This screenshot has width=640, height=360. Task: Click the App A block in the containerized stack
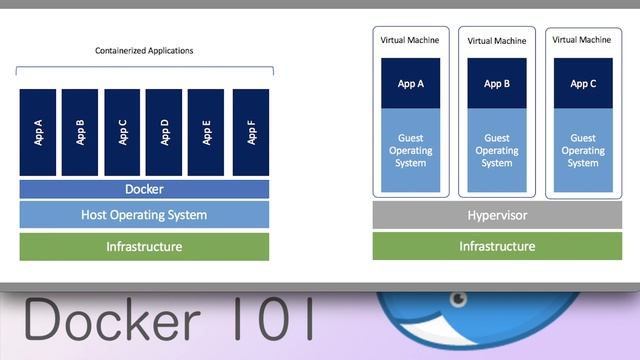click(x=38, y=132)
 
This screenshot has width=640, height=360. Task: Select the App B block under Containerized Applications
click(x=80, y=132)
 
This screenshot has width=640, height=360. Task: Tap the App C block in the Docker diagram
click(x=122, y=132)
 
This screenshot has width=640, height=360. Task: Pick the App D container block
click(x=164, y=132)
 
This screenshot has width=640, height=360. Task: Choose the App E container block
click(x=206, y=132)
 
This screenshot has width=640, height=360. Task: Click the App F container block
click(x=250, y=132)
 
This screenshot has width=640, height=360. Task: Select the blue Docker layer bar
click(x=144, y=189)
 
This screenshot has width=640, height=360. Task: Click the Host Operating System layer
click(x=144, y=215)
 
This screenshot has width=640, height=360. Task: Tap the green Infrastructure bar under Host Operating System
click(x=144, y=246)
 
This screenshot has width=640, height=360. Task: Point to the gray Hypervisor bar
click(x=497, y=215)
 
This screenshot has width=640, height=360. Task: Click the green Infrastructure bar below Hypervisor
click(x=497, y=246)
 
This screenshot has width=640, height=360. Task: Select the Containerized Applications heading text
click(x=144, y=50)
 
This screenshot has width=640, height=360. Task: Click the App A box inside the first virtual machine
click(x=411, y=84)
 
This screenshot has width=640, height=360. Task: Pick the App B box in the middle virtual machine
click(x=497, y=84)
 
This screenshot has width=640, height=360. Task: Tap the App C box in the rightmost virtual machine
click(x=583, y=84)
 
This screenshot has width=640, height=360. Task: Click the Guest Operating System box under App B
click(x=497, y=151)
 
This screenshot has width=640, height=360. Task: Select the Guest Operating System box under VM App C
click(x=583, y=151)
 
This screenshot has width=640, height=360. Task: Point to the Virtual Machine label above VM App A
click(x=411, y=40)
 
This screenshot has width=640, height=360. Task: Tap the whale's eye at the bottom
click(x=459, y=298)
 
